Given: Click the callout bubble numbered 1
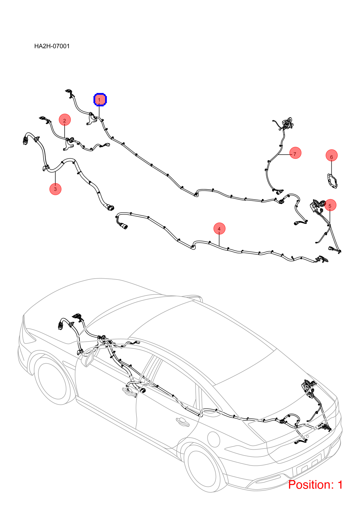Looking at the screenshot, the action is point(100,99).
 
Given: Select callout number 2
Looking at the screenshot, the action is point(65,120).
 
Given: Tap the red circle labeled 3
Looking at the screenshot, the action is point(55,189).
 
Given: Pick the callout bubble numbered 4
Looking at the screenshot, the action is point(220,228).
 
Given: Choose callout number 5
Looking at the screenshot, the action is point(330,205).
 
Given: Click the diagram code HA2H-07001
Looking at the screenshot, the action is point(52,46).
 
